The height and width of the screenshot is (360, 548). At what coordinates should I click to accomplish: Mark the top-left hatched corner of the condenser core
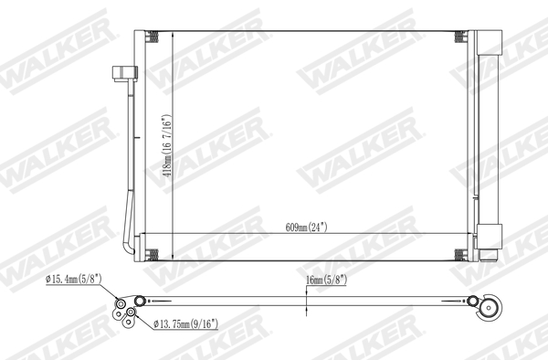click(x=153, y=37)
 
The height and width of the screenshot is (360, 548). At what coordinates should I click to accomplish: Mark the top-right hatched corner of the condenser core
click(x=459, y=37)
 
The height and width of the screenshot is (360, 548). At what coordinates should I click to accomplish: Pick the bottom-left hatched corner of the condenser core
click(x=153, y=253)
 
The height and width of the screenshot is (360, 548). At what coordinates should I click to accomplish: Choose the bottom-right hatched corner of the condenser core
click(x=459, y=253)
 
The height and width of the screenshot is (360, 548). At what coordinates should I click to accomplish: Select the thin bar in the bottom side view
click(x=301, y=301)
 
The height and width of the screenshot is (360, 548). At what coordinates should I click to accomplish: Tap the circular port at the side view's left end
click(x=139, y=301)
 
